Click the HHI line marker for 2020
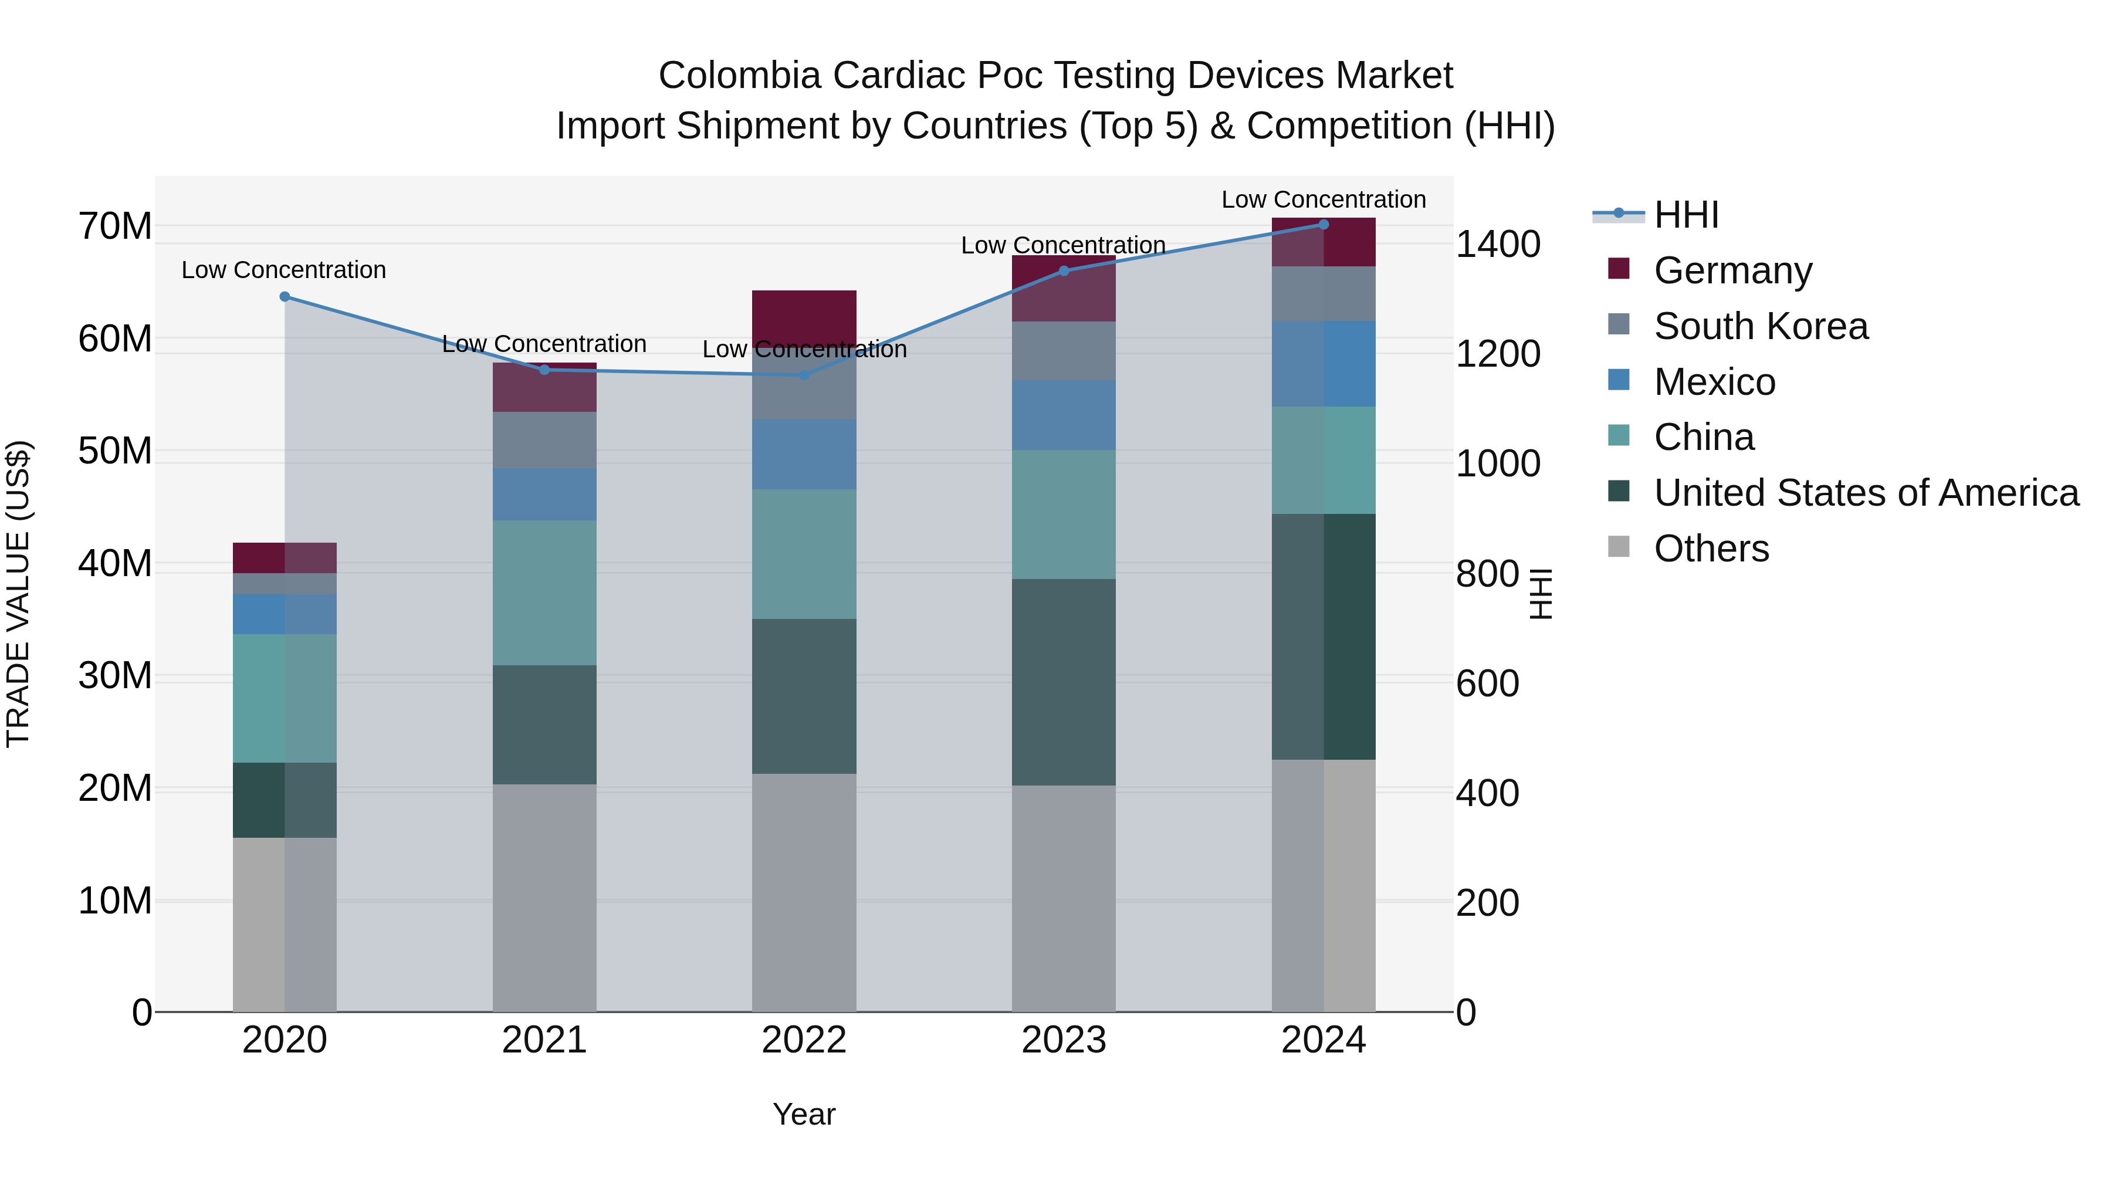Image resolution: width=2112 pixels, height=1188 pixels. pos(285,297)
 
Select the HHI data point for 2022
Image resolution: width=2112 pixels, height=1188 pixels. pos(804,375)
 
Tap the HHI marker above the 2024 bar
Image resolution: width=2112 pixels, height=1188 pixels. pos(1324,225)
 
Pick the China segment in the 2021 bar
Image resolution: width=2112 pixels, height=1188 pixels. pos(544,592)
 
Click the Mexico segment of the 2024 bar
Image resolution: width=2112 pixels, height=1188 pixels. pos(1324,363)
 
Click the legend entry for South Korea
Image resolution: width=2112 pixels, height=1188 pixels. pos(1760,326)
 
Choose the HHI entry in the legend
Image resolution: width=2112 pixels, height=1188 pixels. pos(1685,215)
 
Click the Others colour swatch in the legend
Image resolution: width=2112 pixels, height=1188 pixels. pos(1619,546)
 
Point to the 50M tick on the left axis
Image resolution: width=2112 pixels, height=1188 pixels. pos(115,451)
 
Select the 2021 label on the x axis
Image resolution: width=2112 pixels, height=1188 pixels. pos(544,1040)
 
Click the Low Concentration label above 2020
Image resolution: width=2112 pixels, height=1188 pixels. pos(284,270)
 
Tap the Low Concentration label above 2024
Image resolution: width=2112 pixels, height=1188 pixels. pos(1324,199)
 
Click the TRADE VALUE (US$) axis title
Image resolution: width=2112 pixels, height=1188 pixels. pos(18,594)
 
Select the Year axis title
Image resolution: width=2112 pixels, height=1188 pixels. pos(804,1114)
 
